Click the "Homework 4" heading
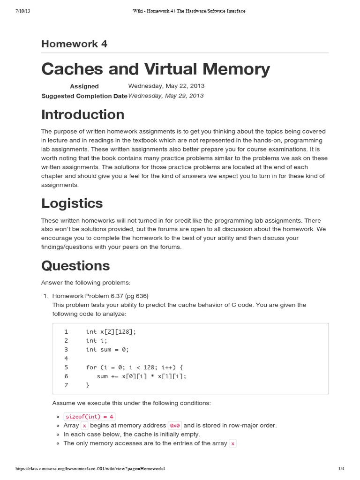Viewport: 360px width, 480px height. click(74, 44)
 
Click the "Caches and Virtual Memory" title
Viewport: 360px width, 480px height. click(156, 69)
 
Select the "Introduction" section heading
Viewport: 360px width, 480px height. click(82, 114)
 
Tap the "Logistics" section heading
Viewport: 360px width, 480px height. click(72, 203)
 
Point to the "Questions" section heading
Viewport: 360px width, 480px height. click(75, 265)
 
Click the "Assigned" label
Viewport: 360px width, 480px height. click(84, 86)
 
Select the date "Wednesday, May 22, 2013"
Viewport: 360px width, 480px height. click(166, 86)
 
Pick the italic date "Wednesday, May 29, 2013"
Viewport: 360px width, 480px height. click(166, 96)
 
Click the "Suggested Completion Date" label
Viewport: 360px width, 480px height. click(84, 96)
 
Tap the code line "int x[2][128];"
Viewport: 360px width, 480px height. click(111, 331)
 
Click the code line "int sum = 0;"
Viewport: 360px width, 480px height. click(107, 349)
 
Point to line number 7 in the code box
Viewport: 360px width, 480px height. click(66, 385)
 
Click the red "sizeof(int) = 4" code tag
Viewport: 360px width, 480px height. click(89, 417)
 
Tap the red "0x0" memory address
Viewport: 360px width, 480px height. click(175, 426)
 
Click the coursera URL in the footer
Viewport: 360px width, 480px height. click(90, 469)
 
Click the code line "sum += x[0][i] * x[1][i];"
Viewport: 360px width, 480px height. click(141, 376)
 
